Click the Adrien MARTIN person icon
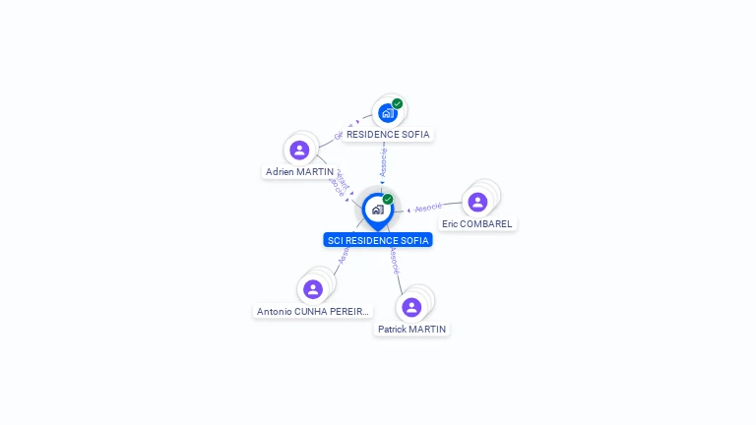coord(299,151)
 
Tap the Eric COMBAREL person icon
coord(477,202)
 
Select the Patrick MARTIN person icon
coord(411,307)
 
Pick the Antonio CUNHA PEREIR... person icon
coord(313,289)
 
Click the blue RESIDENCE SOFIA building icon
coord(387,113)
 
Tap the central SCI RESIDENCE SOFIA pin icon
coord(377,210)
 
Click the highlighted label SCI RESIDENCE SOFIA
coord(378,240)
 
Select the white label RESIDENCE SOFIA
coord(388,134)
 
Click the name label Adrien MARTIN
coord(299,172)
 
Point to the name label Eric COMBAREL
coord(477,224)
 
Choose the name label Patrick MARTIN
coord(411,330)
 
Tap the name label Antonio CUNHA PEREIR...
coord(313,312)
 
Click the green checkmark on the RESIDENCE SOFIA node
coord(398,103)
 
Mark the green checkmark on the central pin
coord(388,200)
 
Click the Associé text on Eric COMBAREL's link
coord(428,208)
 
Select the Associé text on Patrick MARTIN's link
coord(394,261)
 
